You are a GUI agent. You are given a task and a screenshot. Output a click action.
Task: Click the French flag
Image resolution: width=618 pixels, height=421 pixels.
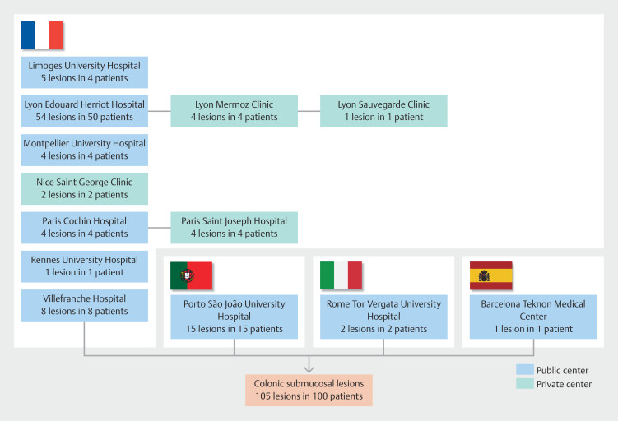click(x=42, y=35)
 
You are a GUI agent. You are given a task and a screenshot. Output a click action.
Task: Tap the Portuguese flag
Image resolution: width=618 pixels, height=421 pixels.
click(x=192, y=275)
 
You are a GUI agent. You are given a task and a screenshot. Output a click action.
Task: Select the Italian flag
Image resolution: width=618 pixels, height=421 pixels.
click(x=341, y=275)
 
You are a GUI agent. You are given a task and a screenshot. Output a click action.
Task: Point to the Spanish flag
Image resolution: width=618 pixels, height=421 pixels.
click(x=490, y=275)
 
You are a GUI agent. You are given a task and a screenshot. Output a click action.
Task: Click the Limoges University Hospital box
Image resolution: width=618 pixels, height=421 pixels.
click(x=85, y=72)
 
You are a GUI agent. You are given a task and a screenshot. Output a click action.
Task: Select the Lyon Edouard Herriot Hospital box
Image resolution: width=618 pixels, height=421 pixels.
click(x=85, y=111)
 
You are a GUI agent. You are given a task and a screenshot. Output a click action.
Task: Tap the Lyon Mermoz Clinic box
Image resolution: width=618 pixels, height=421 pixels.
click(x=235, y=111)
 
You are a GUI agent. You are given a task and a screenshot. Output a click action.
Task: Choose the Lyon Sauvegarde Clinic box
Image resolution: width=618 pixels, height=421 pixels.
click(x=383, y=111)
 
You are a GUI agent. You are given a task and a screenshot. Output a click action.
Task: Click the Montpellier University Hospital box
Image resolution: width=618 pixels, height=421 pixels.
click(x=85, y=150)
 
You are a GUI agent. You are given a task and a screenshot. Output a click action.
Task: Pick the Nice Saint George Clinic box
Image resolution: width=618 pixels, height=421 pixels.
click(x=85, y=188)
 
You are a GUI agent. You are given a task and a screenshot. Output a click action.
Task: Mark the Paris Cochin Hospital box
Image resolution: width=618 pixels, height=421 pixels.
click(x=85, y=227)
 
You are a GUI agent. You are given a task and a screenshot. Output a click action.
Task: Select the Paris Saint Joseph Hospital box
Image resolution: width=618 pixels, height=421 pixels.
click(x=235, y=227)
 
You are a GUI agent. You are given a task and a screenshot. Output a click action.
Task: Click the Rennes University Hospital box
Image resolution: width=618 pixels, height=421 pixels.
click(x=85, y=266)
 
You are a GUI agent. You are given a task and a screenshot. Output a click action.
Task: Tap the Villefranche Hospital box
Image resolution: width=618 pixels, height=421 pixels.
click(x=85, y=305)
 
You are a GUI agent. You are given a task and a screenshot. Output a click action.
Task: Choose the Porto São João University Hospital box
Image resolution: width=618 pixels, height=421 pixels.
click(x=235, y=317)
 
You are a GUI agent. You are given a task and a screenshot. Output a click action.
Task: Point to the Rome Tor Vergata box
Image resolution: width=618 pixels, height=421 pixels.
click(x=383, y=317)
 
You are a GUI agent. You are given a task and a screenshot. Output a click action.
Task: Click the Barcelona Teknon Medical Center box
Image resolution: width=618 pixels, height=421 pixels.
click(x=533, y=317)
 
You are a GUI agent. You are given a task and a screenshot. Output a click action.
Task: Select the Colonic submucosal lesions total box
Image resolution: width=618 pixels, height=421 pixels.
click(x=309, y=390)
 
